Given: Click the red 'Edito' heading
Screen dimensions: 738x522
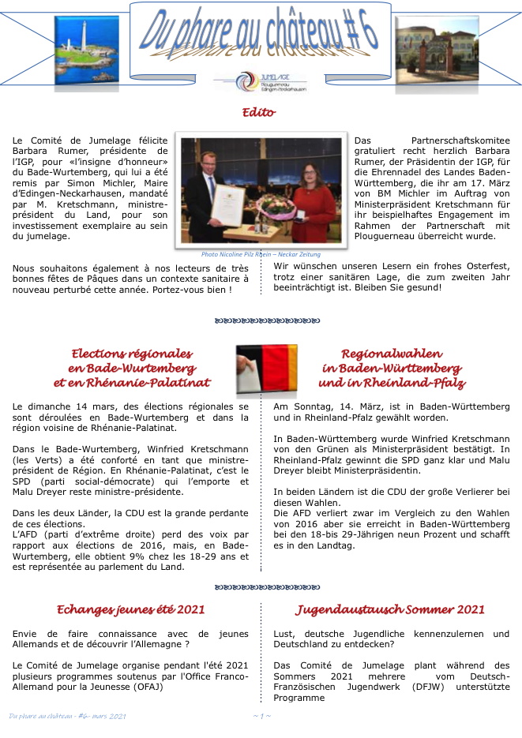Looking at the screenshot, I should [259, 112].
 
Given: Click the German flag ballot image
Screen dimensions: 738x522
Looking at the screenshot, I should [266, 369].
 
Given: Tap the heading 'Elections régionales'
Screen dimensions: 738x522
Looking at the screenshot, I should [132, 354].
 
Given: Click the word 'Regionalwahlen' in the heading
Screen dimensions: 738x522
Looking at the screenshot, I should [391, 354].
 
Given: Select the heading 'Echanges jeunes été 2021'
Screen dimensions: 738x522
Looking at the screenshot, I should [131, 609].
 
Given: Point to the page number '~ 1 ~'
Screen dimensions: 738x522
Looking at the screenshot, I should [261, 716].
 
